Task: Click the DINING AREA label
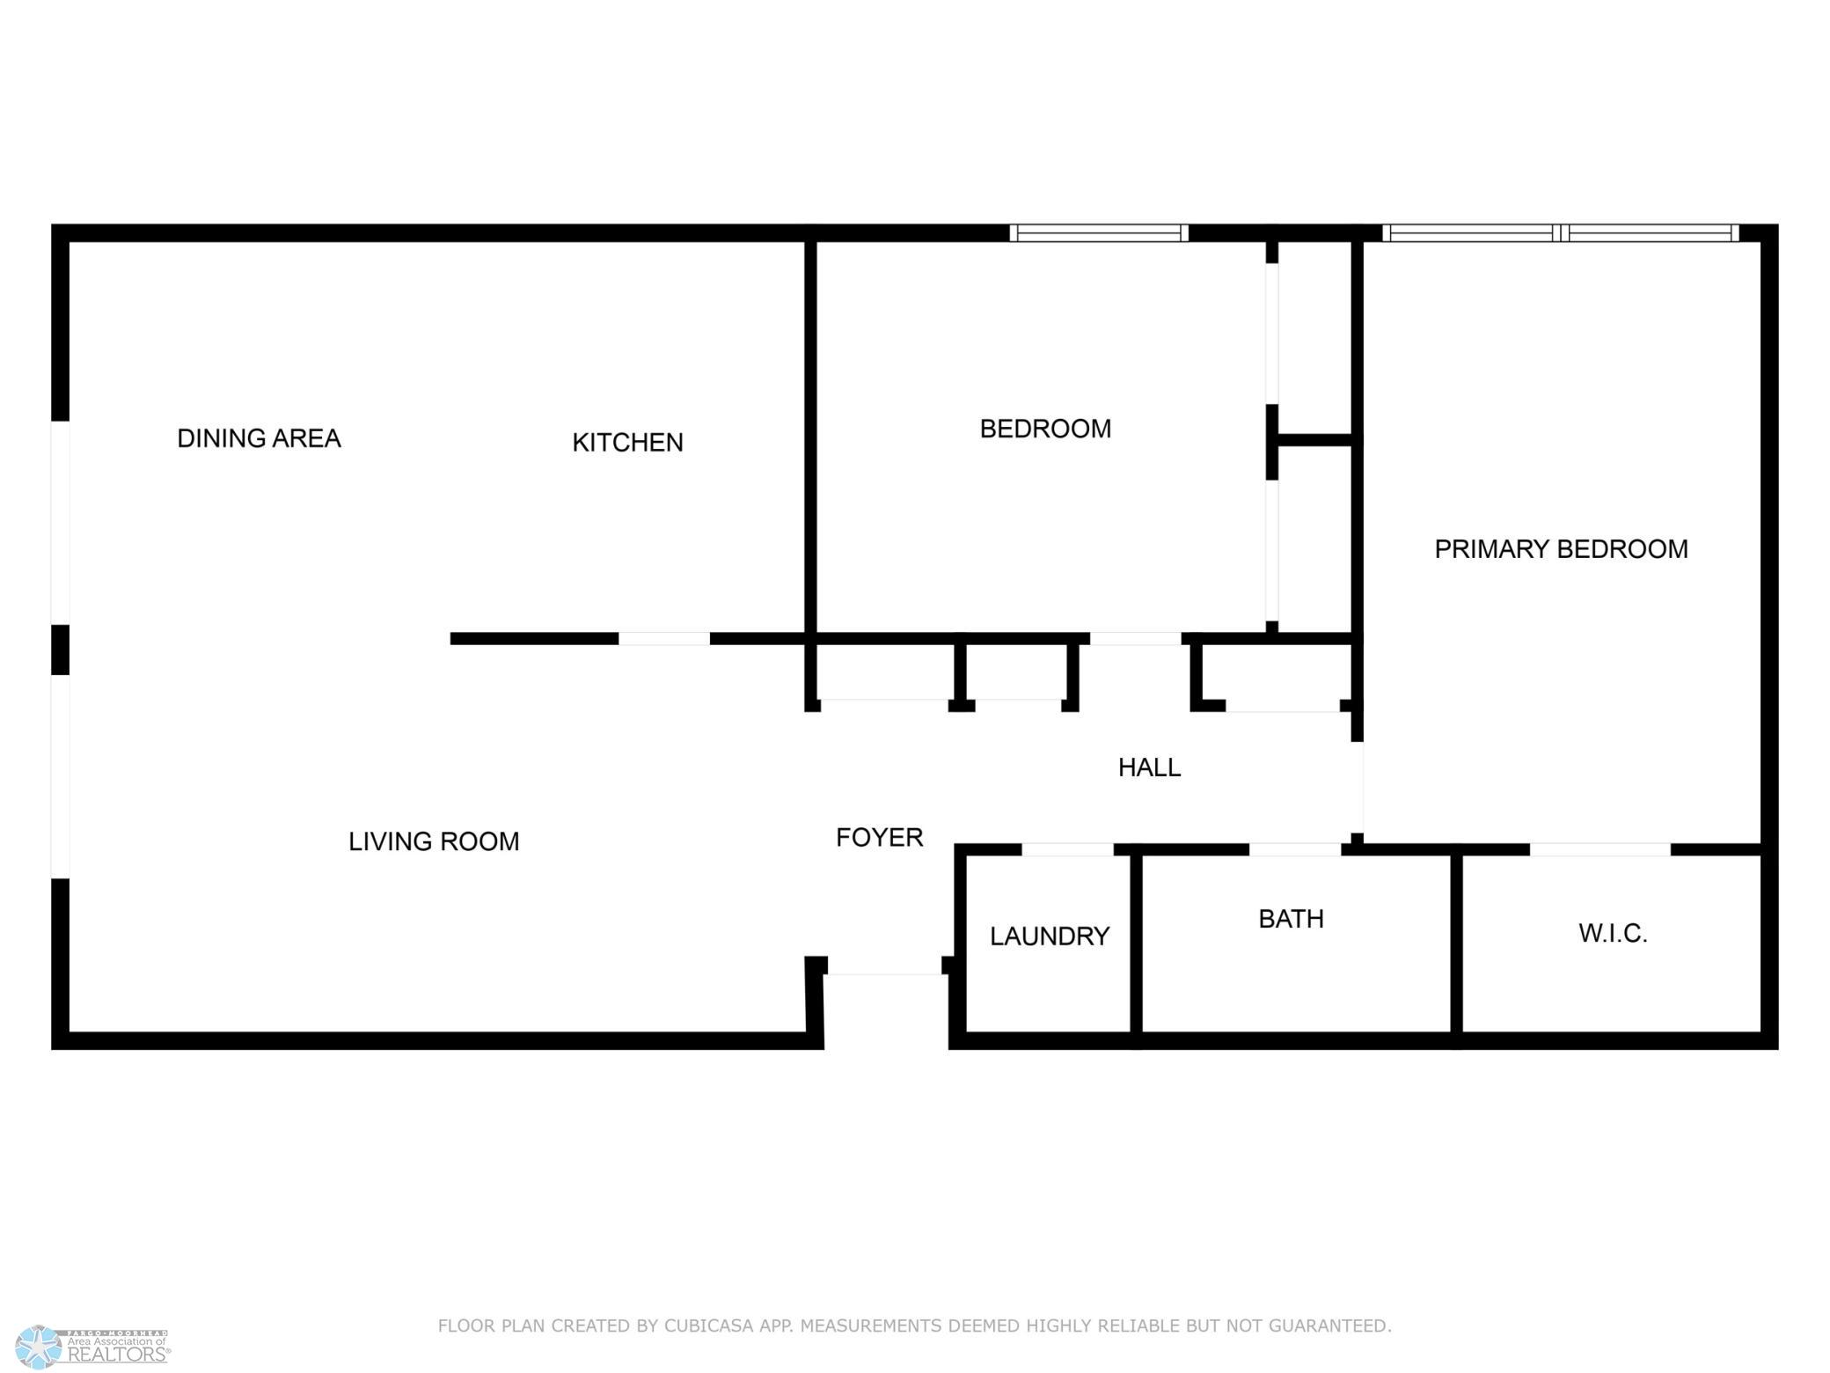tap(259, 438)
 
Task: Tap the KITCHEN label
tap(627, 442)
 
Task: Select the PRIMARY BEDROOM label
tap(1561, 549)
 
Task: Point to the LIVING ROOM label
tap(434, 841)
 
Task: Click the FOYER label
tap(879, 837)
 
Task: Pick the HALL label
tap(1149, 767)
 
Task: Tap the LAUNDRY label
tap(1049, 936)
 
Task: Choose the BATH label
tap(1291, 919)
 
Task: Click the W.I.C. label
tap(1613, 933)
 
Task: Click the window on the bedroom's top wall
tap(1099, 233)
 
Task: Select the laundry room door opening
tap(1067, 849)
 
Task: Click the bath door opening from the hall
tap(1295, 849)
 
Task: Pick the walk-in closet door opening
tap(1600, 849)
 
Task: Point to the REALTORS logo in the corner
tap(92, 1347)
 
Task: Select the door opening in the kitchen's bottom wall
tap(664, 639)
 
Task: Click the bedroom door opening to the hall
tap(1135, 639)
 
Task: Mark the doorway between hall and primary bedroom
tap(1358, 788)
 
